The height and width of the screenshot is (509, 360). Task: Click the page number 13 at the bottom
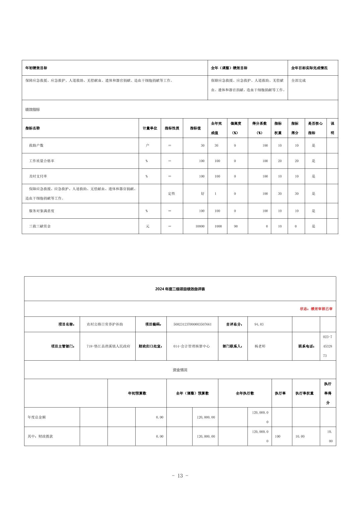180,476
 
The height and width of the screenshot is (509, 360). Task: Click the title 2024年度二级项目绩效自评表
180,289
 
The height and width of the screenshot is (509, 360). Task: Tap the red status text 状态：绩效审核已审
316,309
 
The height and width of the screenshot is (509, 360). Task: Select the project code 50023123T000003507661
192,324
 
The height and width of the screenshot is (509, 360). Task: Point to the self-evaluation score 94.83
259,324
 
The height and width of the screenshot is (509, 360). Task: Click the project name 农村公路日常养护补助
105,324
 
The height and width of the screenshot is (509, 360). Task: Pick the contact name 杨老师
260,346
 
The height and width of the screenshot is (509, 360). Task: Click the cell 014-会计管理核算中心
192,346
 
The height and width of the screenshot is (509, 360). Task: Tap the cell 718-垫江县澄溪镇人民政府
108,346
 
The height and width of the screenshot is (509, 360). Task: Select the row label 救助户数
36,145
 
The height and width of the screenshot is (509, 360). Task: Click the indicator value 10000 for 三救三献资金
200,226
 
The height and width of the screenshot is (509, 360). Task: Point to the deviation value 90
236,226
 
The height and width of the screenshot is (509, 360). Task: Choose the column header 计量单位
150,128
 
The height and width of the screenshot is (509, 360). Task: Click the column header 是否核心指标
315,128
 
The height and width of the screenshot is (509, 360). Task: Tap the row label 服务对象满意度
42,211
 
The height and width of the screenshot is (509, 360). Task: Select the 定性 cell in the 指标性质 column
171,194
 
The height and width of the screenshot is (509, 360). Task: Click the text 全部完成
298,80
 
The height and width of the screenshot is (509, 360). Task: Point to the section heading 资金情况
180,370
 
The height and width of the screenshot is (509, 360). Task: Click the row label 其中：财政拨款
40,436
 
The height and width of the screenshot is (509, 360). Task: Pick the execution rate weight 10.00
300,436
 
